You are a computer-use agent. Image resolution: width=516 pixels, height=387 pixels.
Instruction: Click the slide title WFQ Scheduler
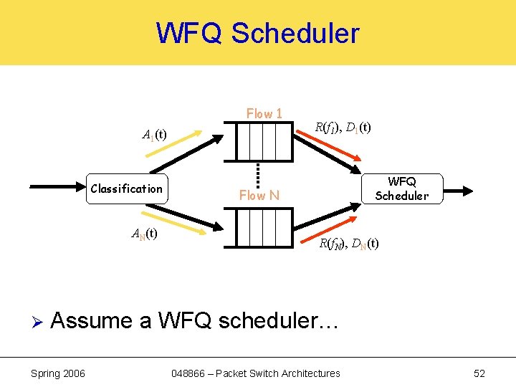[258, 34]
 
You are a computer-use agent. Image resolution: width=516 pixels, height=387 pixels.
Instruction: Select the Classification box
[127, 189]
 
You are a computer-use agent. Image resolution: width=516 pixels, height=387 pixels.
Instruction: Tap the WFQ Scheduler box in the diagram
[401, 189]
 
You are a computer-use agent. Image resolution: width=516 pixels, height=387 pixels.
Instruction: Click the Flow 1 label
[264, 113]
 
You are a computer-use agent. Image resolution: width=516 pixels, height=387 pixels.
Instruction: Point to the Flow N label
[259, 195]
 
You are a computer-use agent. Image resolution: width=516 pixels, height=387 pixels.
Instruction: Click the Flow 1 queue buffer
[257, 140]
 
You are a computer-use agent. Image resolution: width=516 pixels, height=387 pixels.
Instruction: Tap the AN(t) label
[145, 233]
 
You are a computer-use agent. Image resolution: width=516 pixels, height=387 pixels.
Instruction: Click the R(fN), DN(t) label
[349, 244]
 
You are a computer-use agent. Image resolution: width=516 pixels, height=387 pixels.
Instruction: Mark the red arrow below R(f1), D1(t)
[329, 150]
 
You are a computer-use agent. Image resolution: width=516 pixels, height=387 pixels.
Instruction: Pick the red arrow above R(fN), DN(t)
[330, 224]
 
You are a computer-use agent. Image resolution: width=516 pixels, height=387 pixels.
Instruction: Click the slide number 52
[479, 373]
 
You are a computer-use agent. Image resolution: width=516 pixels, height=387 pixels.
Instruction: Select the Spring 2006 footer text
[58, 373]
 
